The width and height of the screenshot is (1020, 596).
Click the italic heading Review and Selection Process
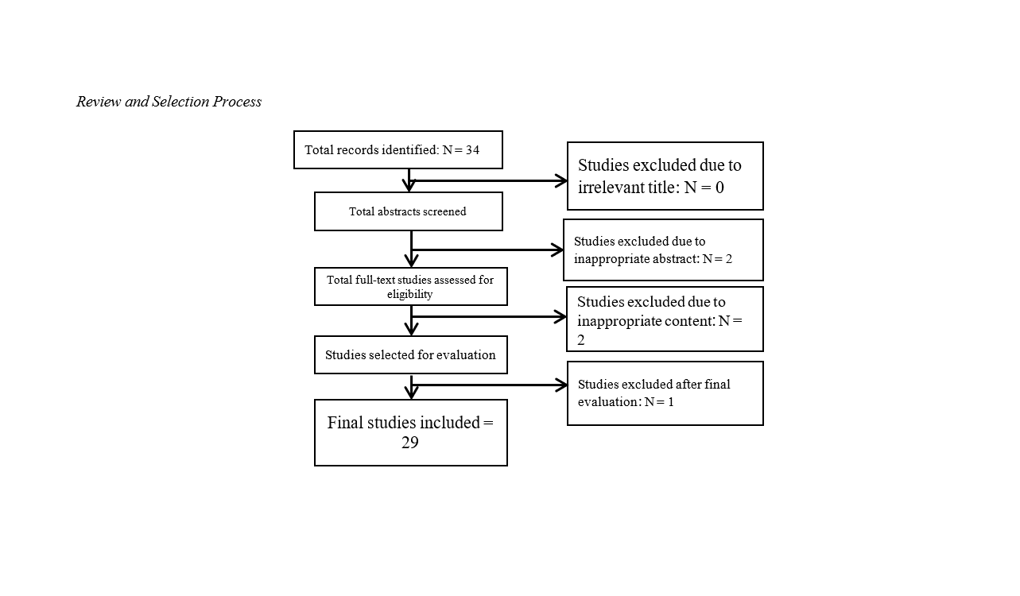[169, 102]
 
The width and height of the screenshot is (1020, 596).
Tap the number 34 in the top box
[472, 150]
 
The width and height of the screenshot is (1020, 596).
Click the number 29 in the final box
[409, 443]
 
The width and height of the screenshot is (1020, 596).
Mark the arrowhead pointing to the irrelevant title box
[561, 180]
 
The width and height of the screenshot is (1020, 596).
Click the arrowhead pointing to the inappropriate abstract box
[557, 250]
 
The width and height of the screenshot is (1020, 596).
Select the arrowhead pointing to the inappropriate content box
[560, 317]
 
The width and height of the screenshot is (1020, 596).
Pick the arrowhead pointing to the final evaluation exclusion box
[561, 385]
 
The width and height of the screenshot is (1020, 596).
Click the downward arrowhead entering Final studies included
[411, 393]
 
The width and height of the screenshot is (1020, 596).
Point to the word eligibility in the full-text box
[409, 294]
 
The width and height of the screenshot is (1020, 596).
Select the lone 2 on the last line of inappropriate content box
[581, 340]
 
